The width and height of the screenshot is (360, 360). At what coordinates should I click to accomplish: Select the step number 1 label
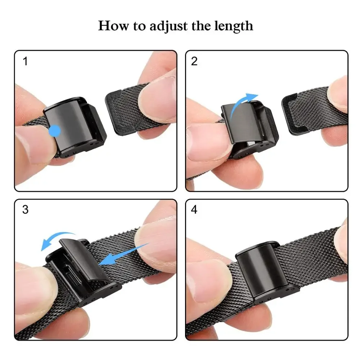pos(25,61)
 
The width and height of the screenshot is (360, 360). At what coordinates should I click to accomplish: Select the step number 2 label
pos(194,61)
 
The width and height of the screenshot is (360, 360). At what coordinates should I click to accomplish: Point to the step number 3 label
pos(25,210)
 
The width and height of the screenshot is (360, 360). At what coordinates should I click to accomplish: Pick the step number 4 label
pos(194,210)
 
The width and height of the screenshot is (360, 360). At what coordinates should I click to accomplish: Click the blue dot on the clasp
pos(55,131)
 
